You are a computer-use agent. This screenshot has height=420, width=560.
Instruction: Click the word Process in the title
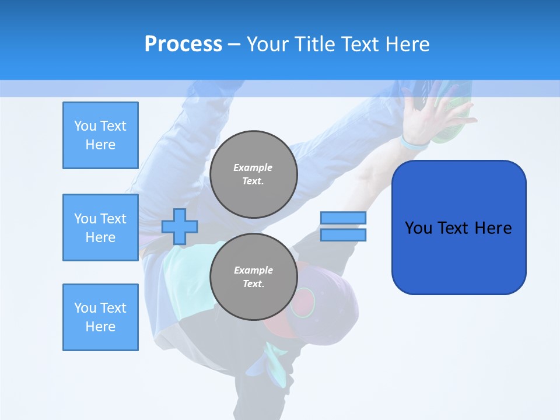(183, 44)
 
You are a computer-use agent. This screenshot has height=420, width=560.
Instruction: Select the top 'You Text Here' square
(100, 135)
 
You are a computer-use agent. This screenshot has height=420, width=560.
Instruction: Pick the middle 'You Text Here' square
(100, 228)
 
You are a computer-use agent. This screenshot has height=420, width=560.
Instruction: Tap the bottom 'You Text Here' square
(100, 317)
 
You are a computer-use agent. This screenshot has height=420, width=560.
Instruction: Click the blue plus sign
(180, 226)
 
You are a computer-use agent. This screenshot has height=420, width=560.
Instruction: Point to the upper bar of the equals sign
(343, 218)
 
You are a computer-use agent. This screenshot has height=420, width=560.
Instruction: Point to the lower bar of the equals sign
(343, 235)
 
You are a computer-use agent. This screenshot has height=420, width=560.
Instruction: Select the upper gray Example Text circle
(254, 174)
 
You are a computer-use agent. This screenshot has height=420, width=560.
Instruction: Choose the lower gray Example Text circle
(254, 277)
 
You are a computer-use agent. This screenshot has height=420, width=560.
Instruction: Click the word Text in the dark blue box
(454, 228)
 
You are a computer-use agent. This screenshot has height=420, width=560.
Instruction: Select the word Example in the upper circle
(253, 167)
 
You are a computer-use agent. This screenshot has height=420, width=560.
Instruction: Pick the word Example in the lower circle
(253, 270)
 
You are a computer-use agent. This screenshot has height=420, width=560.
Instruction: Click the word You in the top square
(85, 126)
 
